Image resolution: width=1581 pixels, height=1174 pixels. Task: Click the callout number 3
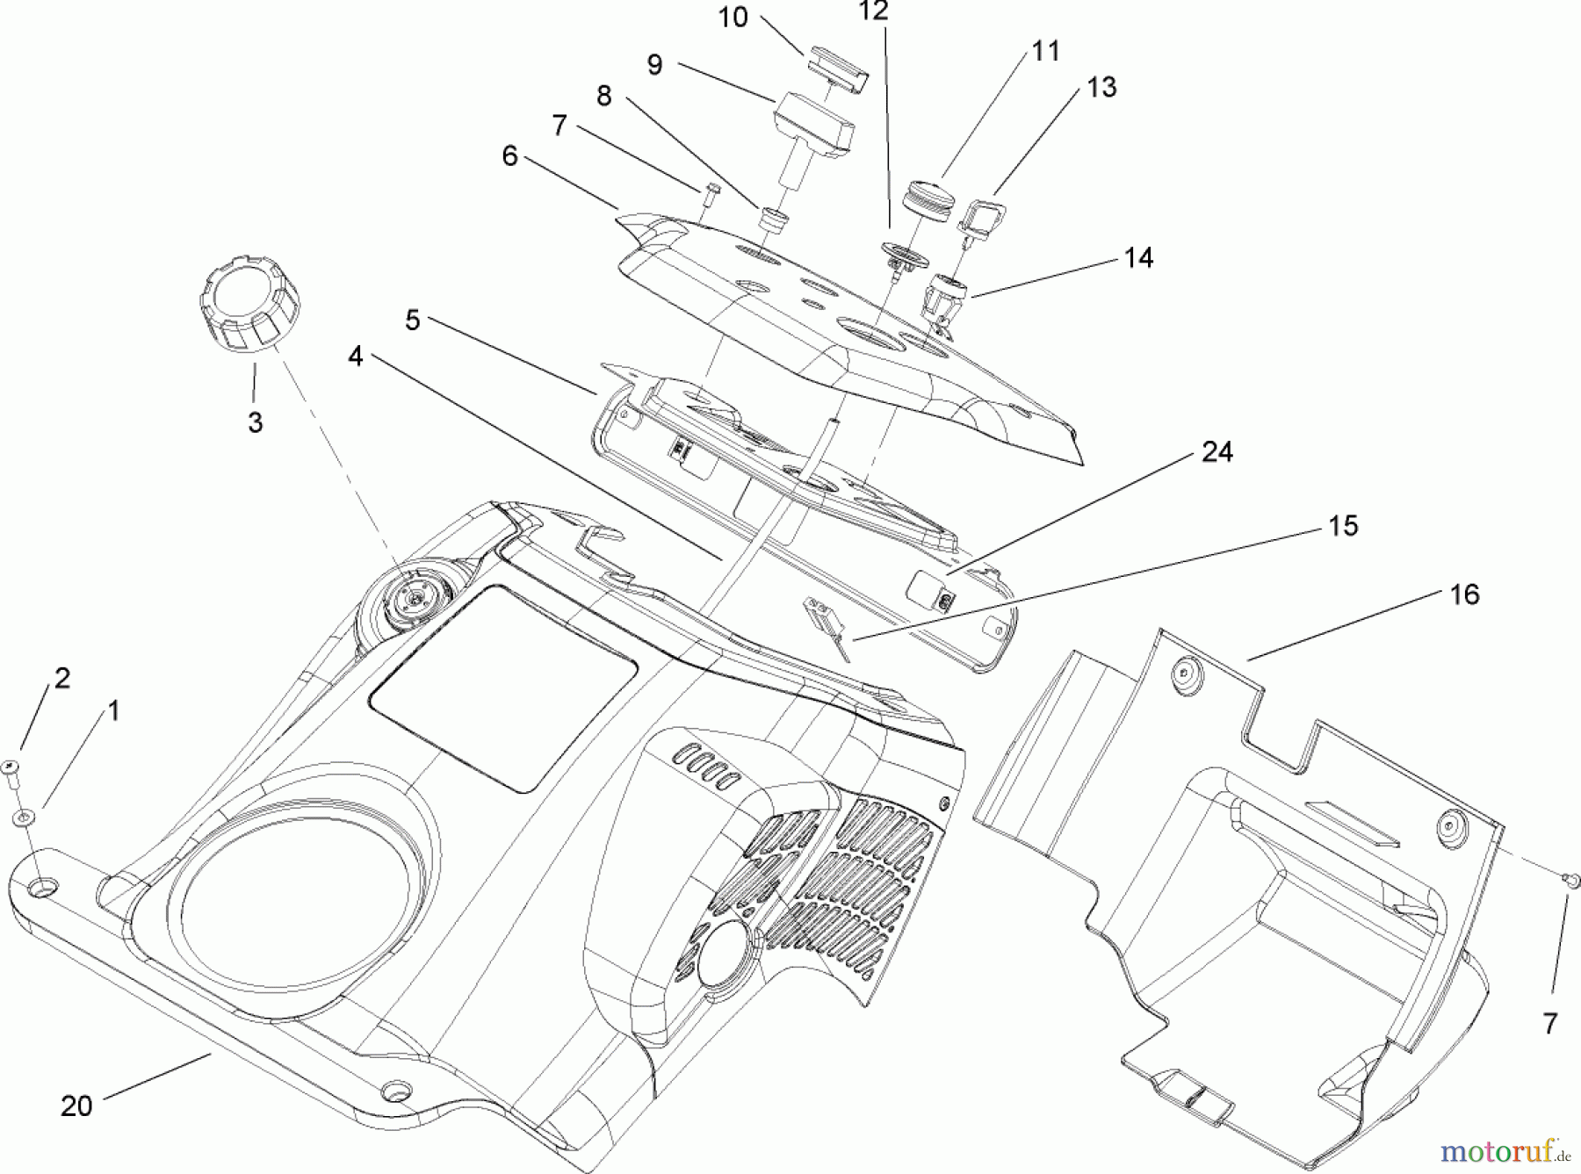click(255, 422)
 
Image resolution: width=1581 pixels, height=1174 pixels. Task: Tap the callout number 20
click(76, 1106)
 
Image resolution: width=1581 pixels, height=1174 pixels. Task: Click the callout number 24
click(1216, 452)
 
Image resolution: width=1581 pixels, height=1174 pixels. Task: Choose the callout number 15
click(1343, 525)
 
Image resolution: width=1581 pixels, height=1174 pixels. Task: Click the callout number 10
click(733, 17)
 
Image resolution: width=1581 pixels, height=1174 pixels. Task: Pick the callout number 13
click(1101, 87)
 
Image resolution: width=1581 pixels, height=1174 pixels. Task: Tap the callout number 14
click(1138, 257)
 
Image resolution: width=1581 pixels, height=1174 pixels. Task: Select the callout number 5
click(412, 321)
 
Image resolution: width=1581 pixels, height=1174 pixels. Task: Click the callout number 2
click(62, 678)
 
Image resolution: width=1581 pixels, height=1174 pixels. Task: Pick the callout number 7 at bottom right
click(1549, 1023)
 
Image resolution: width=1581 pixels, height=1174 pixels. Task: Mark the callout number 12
click(874, 11)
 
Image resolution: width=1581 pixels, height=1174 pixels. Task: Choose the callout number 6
click(510, 156)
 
